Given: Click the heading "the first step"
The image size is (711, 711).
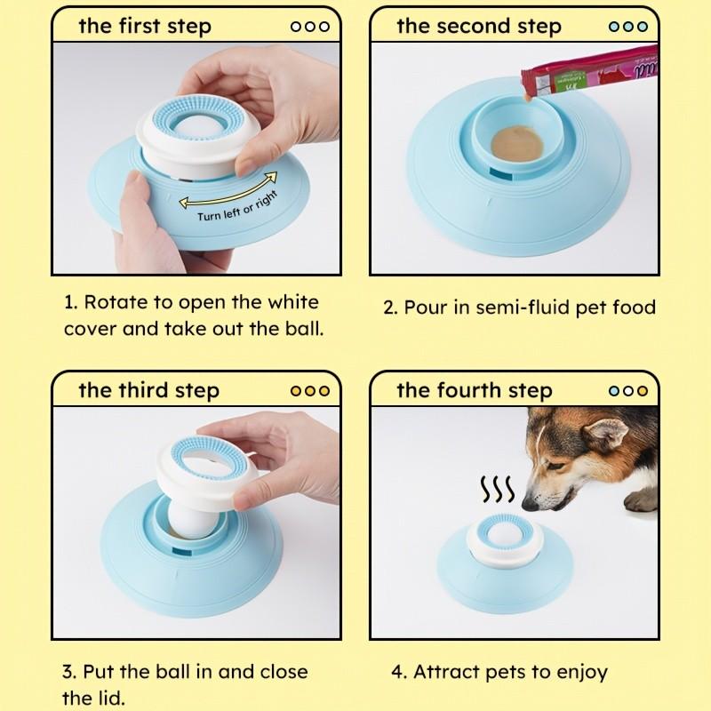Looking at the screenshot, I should click(145, 26).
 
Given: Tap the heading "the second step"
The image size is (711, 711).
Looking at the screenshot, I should click(479, 26).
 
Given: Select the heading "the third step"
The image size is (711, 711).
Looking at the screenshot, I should click(148, 390).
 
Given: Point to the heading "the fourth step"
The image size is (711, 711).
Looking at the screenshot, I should click(475, 390).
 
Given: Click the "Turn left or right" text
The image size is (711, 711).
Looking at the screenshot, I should click(237, 206).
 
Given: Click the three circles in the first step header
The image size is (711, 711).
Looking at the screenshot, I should click(310, 26).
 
